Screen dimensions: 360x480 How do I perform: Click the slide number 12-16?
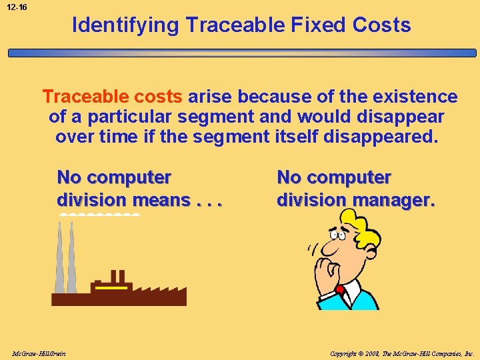(17, 7)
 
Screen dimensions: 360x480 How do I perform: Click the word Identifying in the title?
(126, 25)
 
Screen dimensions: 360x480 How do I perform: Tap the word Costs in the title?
(383, 25)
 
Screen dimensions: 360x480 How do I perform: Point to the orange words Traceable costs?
(112, 97)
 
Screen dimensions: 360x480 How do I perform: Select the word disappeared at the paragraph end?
(383, 137)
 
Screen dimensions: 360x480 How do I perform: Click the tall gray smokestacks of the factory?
(65, 260)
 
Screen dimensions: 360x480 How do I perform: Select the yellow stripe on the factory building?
(111, 287)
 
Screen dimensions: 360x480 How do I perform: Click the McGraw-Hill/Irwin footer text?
(39, 353)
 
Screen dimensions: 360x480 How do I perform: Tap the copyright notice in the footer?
(402, 353)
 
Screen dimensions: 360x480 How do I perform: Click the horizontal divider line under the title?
(240, 53)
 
